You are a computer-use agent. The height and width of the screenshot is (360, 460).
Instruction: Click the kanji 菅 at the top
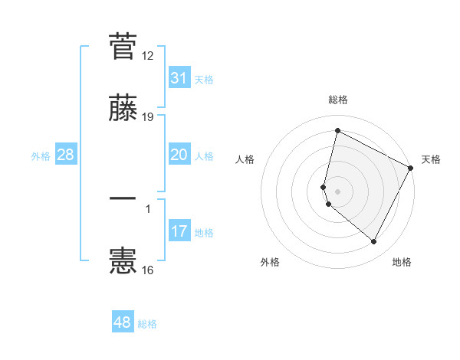pyautogui.click(x=123, y=46)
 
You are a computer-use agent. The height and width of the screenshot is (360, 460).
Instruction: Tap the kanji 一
pyautogui.click(x=123, y=198)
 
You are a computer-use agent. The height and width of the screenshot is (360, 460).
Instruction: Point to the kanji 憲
pyautogui.click(x=123, y=260)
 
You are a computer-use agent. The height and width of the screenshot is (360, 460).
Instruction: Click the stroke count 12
pyautogui.click(x=148, y=56)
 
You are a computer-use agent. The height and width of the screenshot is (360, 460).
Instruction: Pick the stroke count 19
pyautogui.click(x=148, y=116)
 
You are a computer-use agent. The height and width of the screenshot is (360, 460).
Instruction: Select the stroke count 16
pyautogui.click(x=148, y=270)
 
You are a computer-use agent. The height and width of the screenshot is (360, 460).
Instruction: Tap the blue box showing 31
pyautogui.click(x=179, y=78)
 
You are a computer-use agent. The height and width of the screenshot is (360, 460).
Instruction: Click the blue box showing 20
pyautogui.click(x=179, y=155)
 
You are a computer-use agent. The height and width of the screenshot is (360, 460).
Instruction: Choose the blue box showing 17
pyautogui.click(x=179, y=231)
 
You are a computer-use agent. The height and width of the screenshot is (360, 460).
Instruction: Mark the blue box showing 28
pyautogui.click(x=66, y=155)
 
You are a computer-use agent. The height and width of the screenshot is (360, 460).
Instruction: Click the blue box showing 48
pyautogui.click(x=123, y=322)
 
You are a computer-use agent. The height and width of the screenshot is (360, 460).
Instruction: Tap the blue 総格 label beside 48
pyautogui.click(x=148, y=324)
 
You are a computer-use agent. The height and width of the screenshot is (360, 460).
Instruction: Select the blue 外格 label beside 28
pyautogui.click(x=41, y=156)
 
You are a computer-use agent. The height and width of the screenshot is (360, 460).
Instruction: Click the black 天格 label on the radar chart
pyautogui.click(x=431, y=159)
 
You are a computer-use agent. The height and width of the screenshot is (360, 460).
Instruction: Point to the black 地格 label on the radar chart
pyautogui.click(x=402, y=262)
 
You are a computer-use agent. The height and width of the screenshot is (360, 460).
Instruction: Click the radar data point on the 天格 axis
pyautogui.click(x=412, y=168)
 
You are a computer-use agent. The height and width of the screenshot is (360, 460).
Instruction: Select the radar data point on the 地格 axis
pyautogui.click(x=374, y=242)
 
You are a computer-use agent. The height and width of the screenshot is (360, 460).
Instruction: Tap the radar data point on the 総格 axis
pyautogui.click(x=337, y=131)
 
